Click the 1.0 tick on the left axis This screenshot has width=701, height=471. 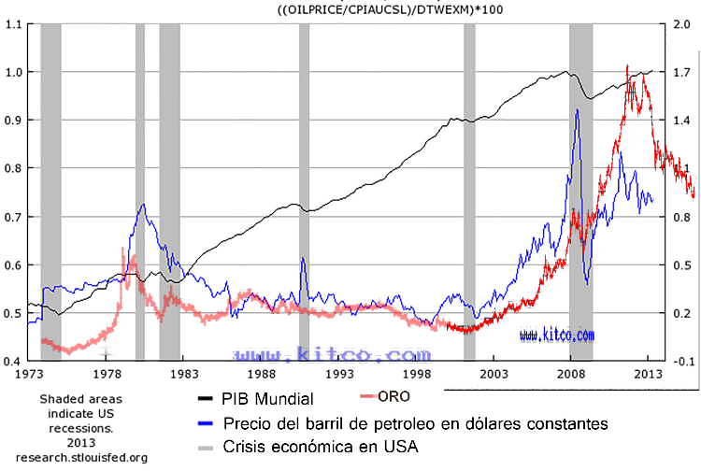(13, 72)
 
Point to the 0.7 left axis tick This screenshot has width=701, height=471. (13, 217)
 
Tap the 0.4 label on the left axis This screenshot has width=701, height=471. (13, 361)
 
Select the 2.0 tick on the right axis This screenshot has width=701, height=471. (681, 24)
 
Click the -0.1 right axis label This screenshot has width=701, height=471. (683, 361)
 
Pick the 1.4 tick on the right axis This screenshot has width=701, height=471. (681, 121)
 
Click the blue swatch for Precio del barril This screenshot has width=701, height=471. (203, 423)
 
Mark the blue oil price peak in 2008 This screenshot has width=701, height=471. (578, 110)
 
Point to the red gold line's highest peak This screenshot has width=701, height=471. (627, 65)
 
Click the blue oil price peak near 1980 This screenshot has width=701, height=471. (142, 205)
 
